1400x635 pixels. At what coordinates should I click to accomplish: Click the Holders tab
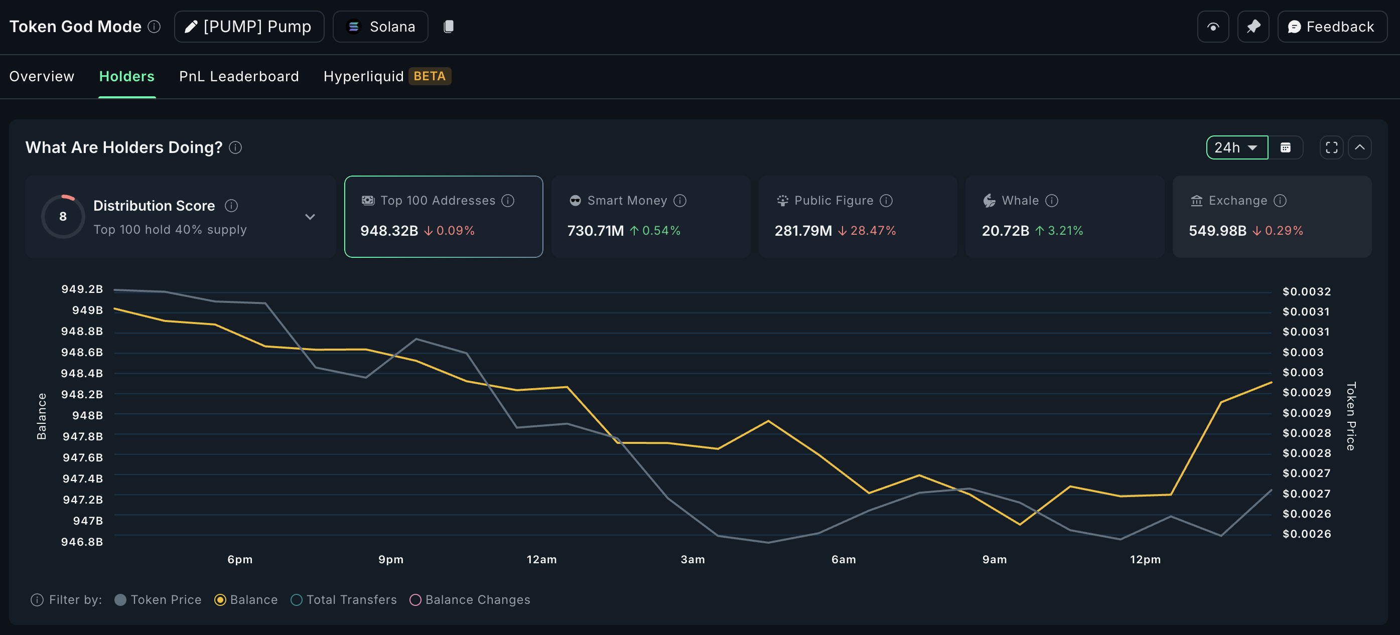[126, 76]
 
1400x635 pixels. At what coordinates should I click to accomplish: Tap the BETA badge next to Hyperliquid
[430, 76]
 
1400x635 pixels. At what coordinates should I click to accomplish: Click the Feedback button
[1332, 27]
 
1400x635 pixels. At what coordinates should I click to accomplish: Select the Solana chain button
[380, 27]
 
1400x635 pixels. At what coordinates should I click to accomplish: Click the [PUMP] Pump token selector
[249, 27]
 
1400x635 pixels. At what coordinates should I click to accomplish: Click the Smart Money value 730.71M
[595, 231]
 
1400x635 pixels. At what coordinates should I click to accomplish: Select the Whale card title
[1020, 201]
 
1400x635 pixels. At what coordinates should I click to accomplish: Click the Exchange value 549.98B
[1217, 231]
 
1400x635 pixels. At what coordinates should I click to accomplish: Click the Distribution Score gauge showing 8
[63, 216]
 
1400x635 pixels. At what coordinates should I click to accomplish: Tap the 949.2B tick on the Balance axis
[82, 289]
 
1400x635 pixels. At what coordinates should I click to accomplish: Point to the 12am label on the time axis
[541, 559]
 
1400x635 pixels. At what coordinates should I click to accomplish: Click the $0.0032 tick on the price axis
[1307, 292]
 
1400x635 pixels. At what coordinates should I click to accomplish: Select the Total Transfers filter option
[296, 600]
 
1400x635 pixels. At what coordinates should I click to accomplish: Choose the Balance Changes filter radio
[415, 600]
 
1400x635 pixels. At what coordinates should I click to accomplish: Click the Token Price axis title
[1350, 416]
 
